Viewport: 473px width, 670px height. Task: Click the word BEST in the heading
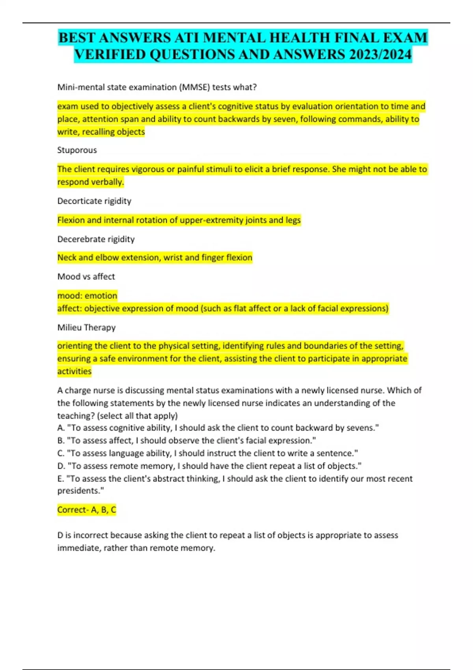77,38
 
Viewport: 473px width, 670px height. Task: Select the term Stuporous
77,150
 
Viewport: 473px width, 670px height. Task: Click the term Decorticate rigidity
94,201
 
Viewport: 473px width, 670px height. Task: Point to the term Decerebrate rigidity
96,239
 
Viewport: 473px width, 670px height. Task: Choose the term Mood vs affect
86,277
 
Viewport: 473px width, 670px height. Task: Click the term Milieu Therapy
86,328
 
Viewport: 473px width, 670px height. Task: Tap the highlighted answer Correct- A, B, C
87,510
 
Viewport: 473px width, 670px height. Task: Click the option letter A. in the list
61,428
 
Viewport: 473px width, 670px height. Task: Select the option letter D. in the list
61,466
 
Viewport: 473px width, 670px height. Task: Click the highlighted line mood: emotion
87,296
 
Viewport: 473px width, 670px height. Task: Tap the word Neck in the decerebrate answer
67,258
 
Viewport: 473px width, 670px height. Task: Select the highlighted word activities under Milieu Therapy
74,371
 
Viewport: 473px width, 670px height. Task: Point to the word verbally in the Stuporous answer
107,182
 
